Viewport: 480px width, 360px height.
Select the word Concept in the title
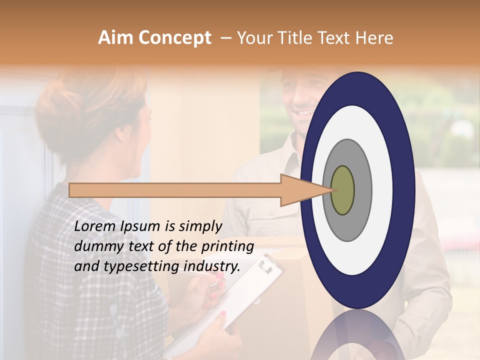click(174, 38)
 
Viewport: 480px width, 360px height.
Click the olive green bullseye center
click(342, 190)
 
